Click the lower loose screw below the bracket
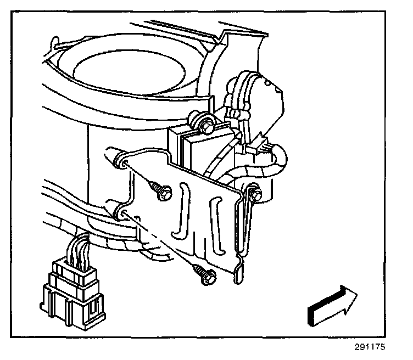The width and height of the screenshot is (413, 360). [204, 273]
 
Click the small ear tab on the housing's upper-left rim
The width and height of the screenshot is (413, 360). [54, 43]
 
